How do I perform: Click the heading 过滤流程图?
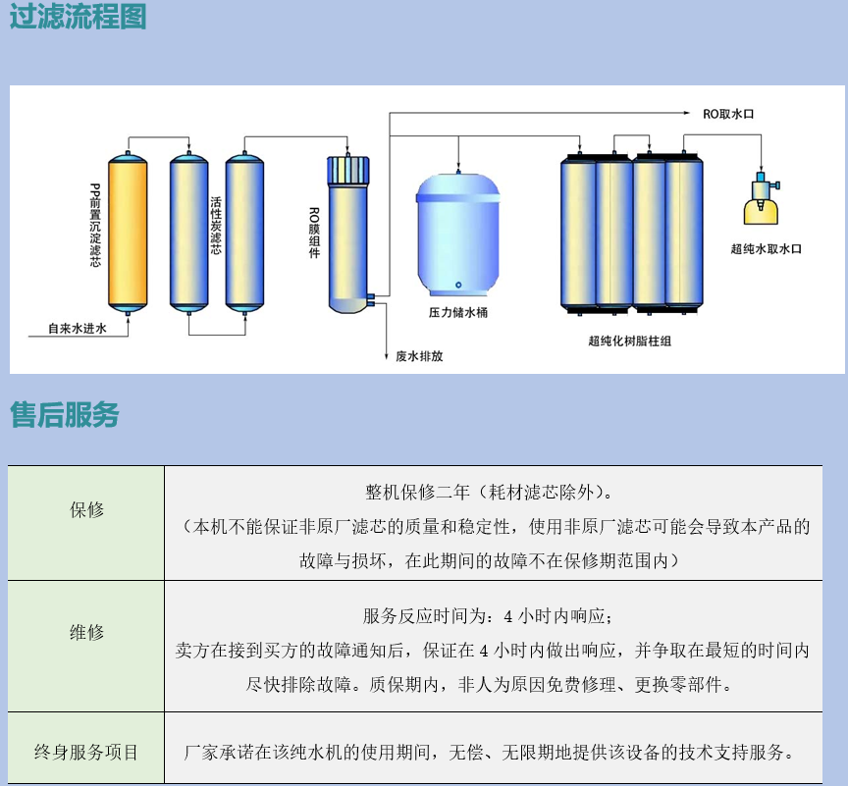(78, 16)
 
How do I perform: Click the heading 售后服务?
(65, 415)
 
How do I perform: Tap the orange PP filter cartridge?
(128, 234)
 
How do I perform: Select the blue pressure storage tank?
(458, 235)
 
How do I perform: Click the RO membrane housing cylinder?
(348, 235)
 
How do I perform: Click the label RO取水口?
(728, 114)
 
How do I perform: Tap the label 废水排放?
(419, 356)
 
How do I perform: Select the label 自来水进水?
(78, 328)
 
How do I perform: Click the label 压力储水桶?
(458, 312)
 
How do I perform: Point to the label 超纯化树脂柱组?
(629, 341)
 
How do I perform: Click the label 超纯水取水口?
(766, 249)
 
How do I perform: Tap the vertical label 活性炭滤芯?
(216, 226)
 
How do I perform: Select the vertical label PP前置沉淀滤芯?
(95, 226)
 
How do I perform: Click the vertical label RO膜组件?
(314, 233)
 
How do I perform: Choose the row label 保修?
(86, 509)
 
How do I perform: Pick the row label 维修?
(86, 632)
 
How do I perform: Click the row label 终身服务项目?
(86, 752)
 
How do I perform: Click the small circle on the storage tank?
(458, 285)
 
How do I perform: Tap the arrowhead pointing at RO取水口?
(687, 113)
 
